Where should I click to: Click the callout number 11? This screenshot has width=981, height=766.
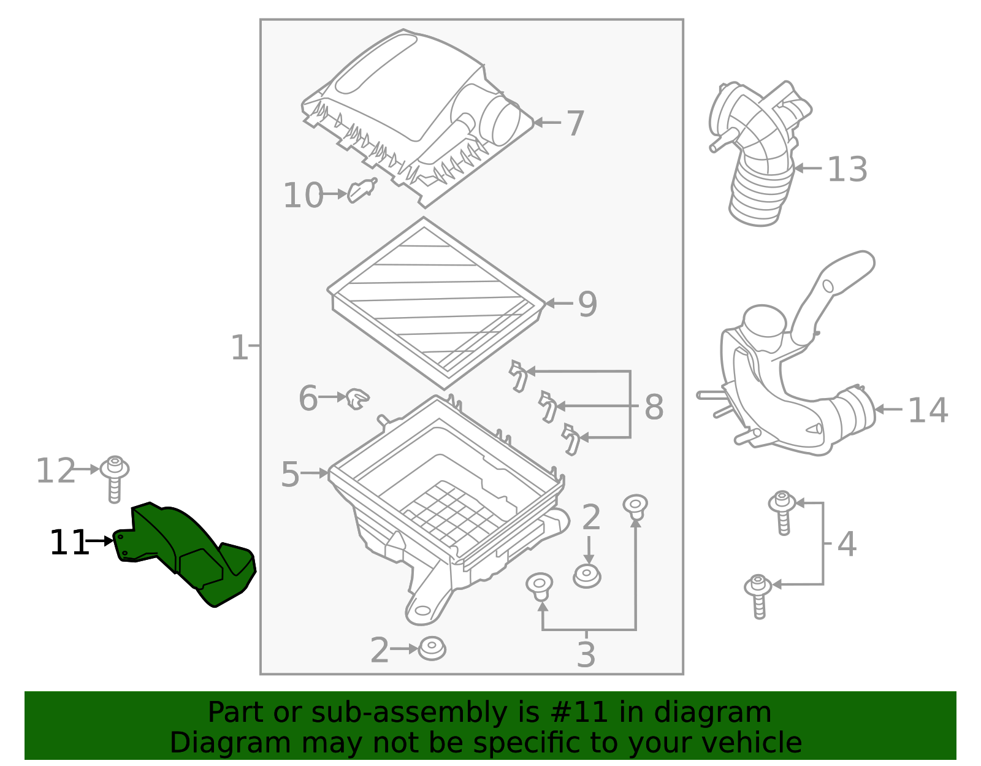pos(68,543)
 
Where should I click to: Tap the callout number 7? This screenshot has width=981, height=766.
pos(574,124)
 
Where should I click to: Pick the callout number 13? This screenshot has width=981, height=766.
pos(847,169)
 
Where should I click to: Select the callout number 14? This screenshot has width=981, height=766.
pos(927,410)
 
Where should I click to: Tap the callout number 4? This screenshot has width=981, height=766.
pos(846,544)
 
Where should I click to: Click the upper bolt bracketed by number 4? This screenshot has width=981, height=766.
pos(782,511)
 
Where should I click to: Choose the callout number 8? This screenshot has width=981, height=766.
pos(654,407)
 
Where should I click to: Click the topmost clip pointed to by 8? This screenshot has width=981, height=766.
pos(518,375)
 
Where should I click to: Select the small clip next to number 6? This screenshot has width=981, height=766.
pos(357,399)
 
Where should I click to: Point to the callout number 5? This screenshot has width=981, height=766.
pos(290,475)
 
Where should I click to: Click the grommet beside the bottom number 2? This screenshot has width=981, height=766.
pos(432,649)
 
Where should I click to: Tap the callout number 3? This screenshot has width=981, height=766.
pos(586,655)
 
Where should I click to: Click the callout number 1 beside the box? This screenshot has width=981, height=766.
pos(239,347)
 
